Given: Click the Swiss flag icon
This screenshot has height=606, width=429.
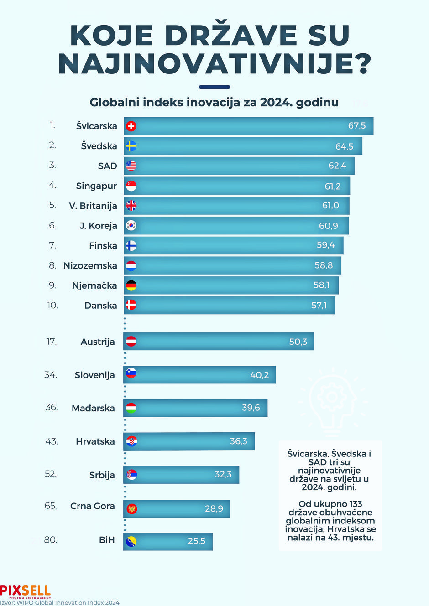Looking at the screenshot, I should point(131,126).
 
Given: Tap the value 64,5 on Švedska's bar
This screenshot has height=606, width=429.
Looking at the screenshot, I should point(344,146).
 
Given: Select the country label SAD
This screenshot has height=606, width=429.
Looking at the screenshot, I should point(108,166).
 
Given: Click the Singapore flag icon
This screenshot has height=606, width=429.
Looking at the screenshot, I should point(131,186).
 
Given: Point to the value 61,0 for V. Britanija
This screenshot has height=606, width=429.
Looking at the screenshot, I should point(330,206).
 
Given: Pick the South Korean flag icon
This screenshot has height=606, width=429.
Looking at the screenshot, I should point(131,226).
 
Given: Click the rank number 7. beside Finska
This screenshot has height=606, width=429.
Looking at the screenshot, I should point(52,246).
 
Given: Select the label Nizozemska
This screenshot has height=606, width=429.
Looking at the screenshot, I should point(90,265).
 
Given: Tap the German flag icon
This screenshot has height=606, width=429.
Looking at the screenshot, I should point(131,285).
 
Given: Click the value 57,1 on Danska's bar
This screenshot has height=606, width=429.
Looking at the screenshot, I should point(319,306).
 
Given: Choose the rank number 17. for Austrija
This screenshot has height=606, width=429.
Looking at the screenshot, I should point(52,342).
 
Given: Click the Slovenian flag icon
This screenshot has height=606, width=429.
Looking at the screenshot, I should point(131,373).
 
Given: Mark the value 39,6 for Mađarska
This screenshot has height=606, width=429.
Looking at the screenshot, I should point(251,408).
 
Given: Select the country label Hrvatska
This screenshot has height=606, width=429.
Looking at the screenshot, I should point(95,441).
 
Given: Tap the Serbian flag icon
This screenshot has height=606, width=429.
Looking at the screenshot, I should point(131,474).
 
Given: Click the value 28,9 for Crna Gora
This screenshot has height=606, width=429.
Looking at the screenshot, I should point(214,508).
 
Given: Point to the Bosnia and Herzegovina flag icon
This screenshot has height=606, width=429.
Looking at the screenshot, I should point(131,542).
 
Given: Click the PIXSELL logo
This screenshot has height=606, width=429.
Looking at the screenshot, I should point(26,592).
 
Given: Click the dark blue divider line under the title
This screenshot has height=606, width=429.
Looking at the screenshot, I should point(214,87).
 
